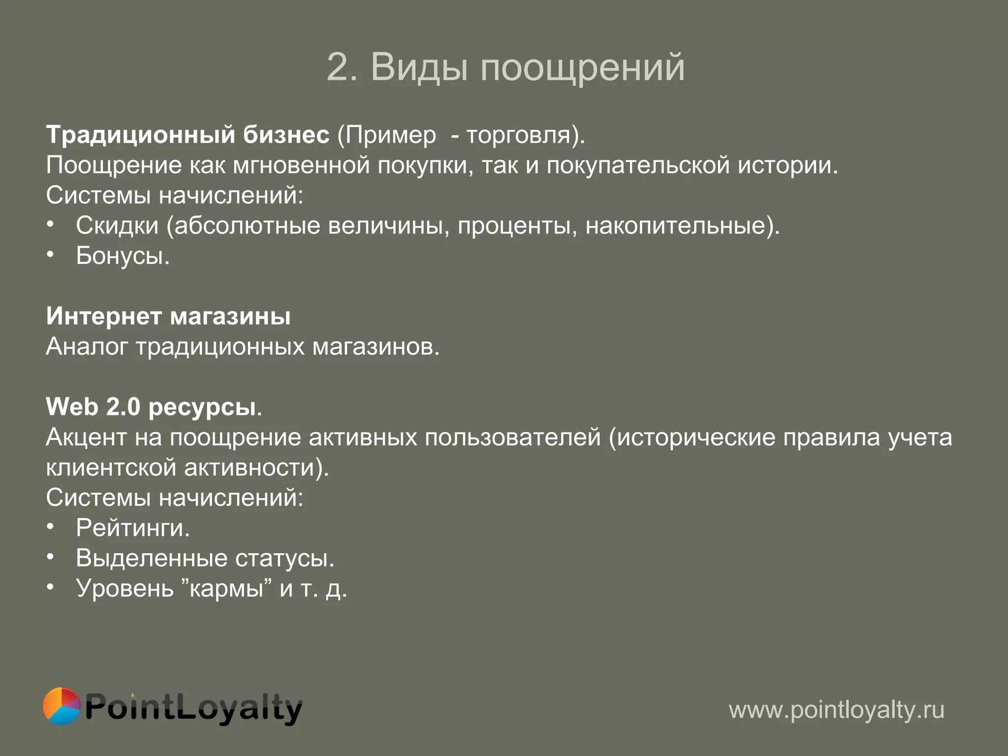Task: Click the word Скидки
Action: coord(117,226)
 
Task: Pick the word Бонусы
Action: coord(122,256)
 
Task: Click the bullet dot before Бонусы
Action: coord(50,254)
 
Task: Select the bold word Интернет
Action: coord(104,316)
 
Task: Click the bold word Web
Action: coord(72,407)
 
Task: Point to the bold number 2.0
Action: coord(123,407)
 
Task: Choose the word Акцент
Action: coord(86,438)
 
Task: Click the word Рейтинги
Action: coord(132,528)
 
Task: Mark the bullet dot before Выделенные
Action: coord(50,557)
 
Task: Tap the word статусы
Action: coord(284,559)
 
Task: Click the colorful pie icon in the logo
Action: coord(62,706)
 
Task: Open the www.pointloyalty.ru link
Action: coord(836,710)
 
